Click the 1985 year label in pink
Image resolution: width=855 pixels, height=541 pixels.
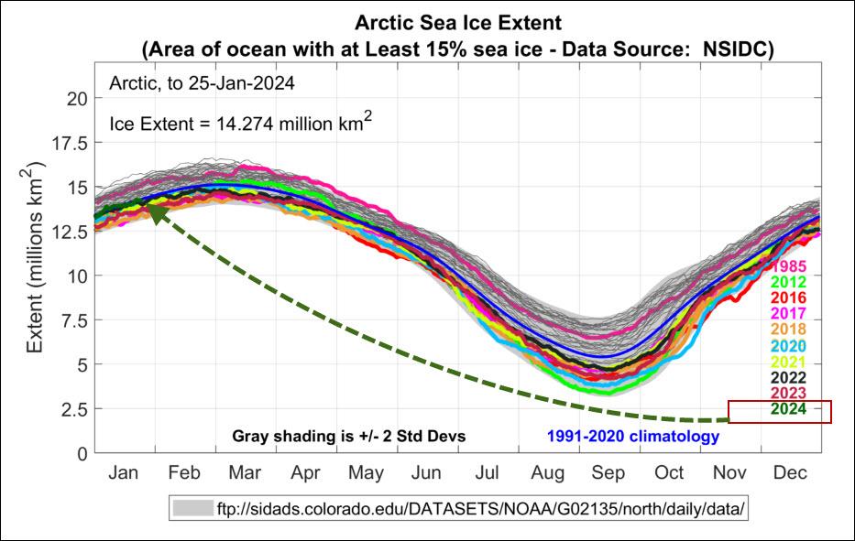coord(788,267)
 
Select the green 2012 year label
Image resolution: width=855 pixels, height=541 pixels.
coord(788,283)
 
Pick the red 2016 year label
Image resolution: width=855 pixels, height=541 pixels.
coord(788,298)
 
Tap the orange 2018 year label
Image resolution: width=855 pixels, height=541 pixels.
coord(788,330)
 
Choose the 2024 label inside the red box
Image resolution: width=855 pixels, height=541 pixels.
coord(788,409)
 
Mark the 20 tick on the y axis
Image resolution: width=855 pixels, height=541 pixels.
coord(77,98)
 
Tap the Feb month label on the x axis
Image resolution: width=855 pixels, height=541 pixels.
coord(184,474)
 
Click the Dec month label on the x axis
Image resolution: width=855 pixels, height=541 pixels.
coord(791,474)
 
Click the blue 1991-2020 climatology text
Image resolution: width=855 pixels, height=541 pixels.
coord(633,437)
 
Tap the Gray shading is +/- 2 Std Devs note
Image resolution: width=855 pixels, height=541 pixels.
coord(349,437)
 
